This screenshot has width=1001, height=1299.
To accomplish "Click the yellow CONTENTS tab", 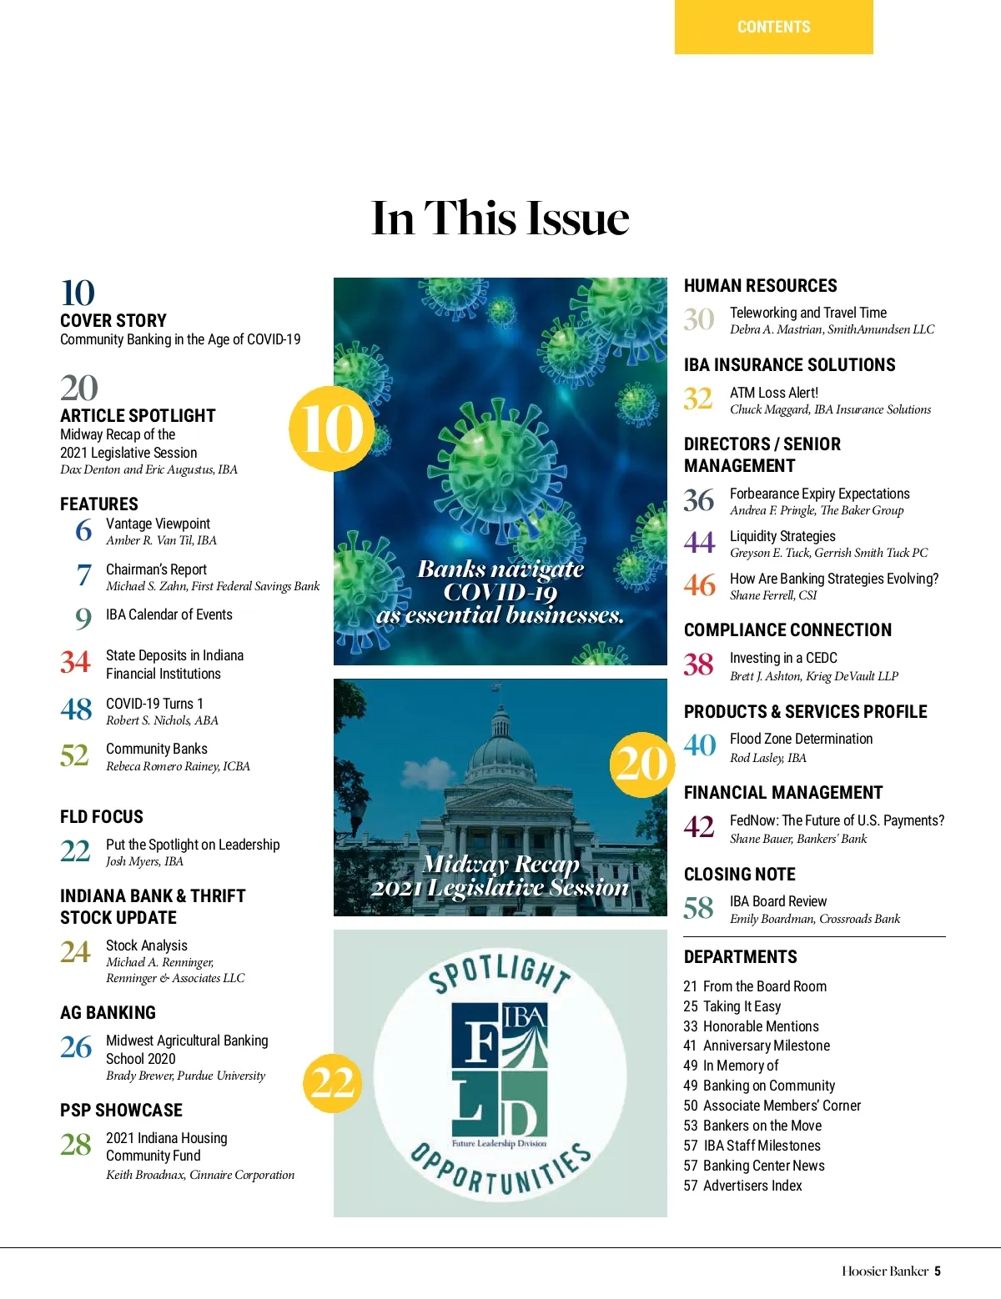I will (x=773, y=27).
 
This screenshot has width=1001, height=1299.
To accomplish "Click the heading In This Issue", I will (x=500, y=218).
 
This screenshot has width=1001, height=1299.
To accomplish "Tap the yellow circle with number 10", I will (x=331, y=429).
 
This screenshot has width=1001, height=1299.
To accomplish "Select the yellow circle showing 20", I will (x=641, y=764).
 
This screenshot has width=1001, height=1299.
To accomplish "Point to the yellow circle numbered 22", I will (x=332, y=1083).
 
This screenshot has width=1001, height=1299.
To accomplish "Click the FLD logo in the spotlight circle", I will (x=500, y=1076).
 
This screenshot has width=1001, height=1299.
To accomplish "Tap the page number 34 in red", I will (x=75, y=663).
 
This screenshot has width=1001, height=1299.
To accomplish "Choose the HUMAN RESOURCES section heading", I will (x=760, y=286).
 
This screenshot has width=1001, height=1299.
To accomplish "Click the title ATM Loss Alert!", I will (x=773, y=393).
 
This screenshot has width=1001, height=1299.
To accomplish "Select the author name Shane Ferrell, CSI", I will (x=772, y=595).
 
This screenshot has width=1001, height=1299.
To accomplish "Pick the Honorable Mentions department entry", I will (x=751, y=1026).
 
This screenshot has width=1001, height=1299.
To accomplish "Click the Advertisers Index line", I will (x=742, y=1186).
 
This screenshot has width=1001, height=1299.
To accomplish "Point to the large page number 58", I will (x=698, y=908).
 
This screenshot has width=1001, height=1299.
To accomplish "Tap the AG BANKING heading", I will (x=108, y=1013).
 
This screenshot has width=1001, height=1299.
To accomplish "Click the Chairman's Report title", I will (x=156, y=569).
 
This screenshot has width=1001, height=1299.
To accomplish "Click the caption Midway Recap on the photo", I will (x=500, y=865).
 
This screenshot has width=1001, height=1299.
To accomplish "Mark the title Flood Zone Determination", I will (x=801, y=739).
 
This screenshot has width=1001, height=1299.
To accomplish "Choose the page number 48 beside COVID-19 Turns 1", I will (x=76, y=710).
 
